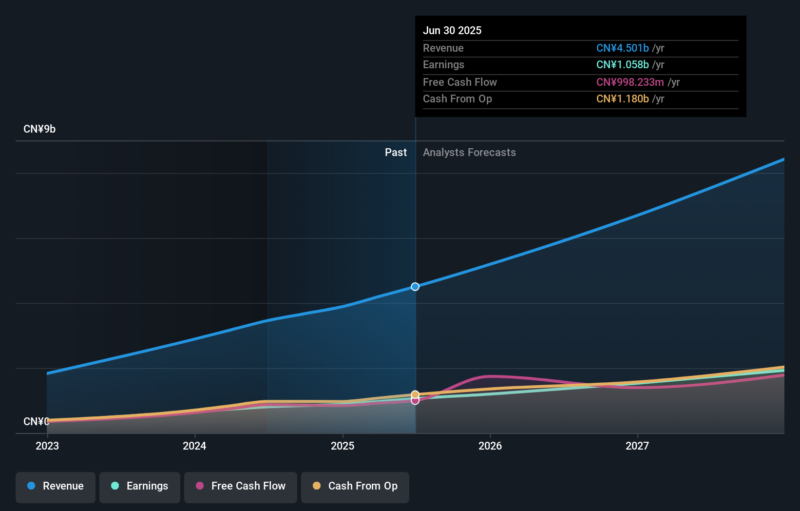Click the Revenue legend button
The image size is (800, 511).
point(56,487)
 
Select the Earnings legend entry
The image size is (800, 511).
point(140,487)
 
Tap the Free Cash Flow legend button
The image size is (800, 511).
point(241,487)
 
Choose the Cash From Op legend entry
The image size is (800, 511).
point(355,487)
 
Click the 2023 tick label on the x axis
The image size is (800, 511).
point(47,446)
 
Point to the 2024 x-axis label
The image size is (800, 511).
point(194,446)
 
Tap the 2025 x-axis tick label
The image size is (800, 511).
point(343,446)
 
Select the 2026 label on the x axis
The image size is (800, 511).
point(490,446)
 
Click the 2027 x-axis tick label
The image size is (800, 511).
point(637,446)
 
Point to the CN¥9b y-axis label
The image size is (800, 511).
point(39,129)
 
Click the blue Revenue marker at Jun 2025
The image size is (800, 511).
point(415,287)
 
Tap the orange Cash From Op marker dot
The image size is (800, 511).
point(415,394)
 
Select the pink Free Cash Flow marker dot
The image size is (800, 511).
point(415,401)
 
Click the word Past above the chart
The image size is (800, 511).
point(396,153)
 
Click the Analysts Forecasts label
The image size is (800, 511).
point(469,153)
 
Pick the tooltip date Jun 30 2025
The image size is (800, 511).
point(452,31)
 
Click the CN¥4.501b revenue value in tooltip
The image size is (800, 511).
point(622,48)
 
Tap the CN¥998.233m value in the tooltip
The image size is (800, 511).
point(630,82)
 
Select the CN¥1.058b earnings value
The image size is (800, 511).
point(622,65)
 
